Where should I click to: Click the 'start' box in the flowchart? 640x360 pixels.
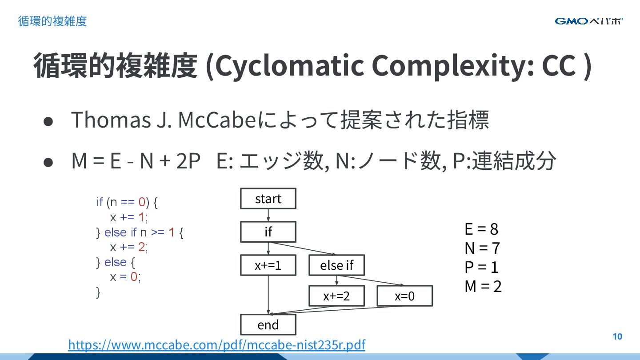tap(268, 199)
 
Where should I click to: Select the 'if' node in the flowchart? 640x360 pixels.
tap(268, 232)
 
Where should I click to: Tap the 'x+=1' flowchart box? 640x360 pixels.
tap(268, 265)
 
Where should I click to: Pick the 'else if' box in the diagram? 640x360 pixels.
tap(336, 265)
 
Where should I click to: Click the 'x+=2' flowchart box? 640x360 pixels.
tap(336, 296)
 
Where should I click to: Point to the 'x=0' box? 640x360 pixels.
tap(404, 296)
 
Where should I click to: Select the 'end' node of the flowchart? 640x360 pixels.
tap(268, 324)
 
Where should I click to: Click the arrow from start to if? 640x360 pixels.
tap(268, 215)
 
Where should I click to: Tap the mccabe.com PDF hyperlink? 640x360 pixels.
tap(216, 345)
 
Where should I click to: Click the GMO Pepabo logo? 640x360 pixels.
tap(589, 21)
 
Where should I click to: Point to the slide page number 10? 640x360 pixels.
tap(617, 336)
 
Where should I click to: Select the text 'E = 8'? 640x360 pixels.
tap(481, 229)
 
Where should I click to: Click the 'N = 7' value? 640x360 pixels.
tap(482, 248)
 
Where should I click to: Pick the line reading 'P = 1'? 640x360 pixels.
tap(481, 267)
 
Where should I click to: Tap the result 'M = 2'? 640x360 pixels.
tap(483, 286)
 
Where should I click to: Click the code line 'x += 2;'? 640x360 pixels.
tap(129, 247)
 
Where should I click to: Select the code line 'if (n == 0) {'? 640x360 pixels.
tap(127, 202)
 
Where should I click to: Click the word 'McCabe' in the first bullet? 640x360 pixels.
tap(217, 120)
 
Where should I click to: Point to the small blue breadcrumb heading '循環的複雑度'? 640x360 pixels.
tap(52, 21)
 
